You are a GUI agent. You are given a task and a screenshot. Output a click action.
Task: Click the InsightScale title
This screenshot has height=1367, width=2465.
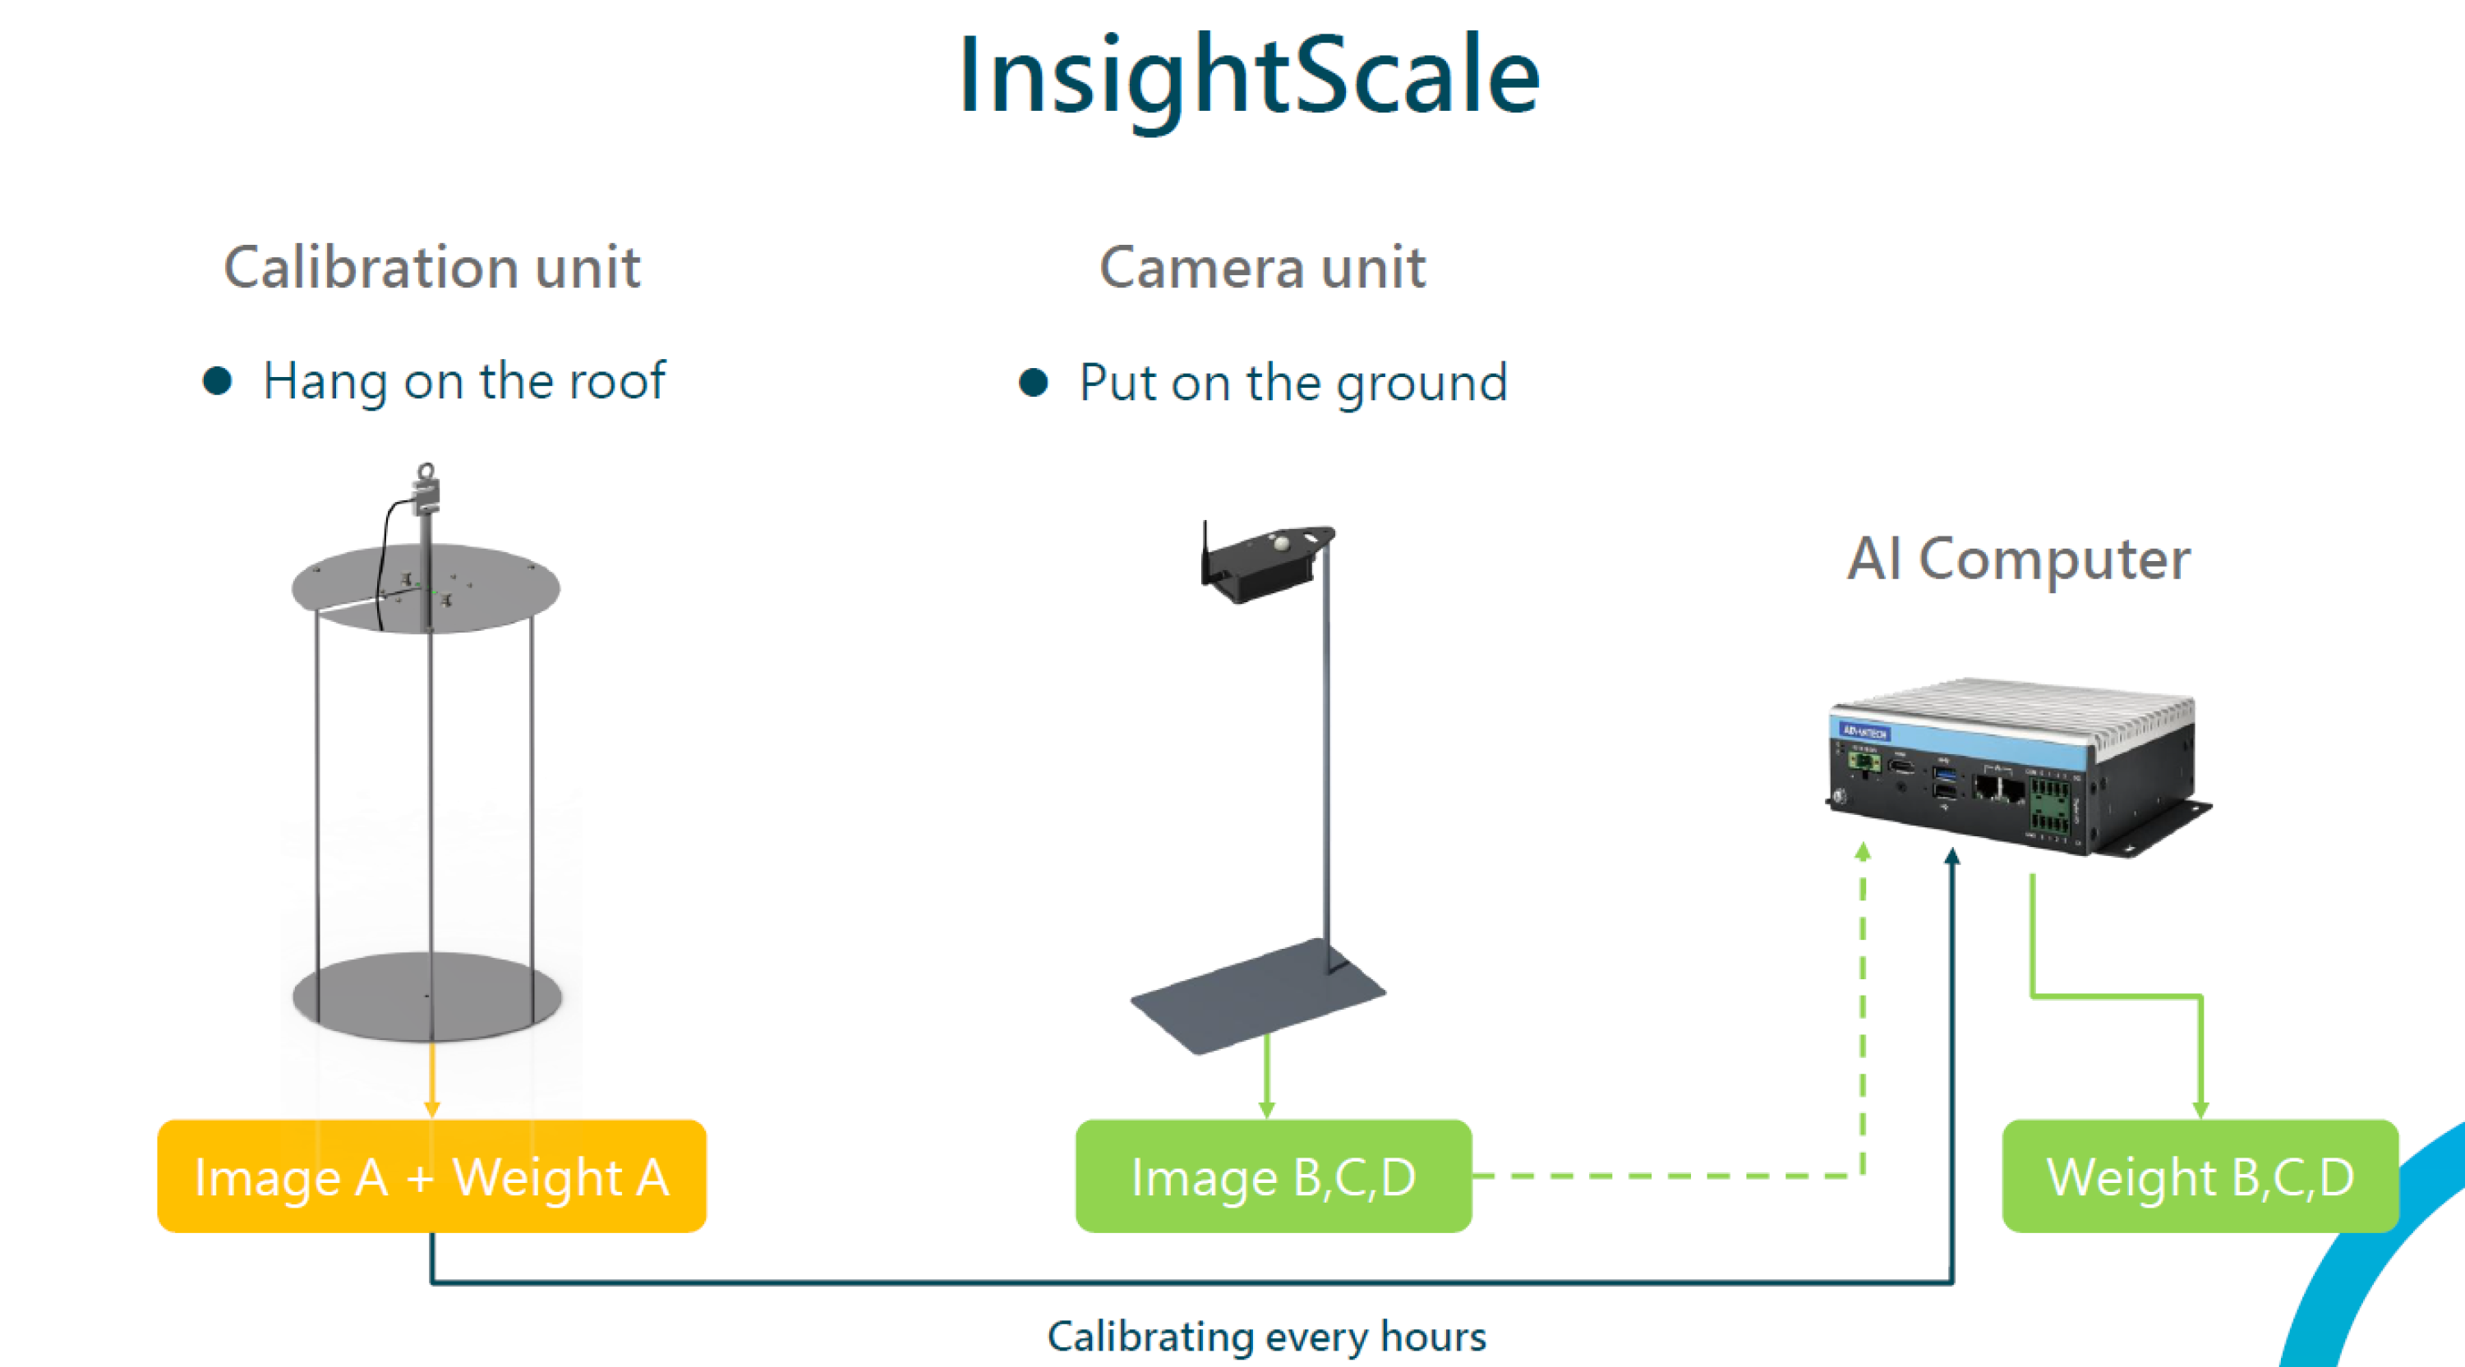coord(1249,76)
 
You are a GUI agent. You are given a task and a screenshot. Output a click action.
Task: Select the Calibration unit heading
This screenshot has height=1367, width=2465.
coord(431,267)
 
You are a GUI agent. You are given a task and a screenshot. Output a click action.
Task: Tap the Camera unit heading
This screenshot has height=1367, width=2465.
coord(1262,267)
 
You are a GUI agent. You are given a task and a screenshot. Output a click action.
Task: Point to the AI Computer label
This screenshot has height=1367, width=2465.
coord(2018,559)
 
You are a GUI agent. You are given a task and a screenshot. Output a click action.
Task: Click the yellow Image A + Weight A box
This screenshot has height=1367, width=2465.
coord(431,1176)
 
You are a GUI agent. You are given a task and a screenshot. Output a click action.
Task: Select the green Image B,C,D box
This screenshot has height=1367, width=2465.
coord(1273,1176)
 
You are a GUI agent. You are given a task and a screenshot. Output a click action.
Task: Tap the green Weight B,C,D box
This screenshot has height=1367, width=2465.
coord(2199,1176)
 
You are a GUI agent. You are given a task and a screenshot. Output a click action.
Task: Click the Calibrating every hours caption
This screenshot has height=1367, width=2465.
coord(1266,1337)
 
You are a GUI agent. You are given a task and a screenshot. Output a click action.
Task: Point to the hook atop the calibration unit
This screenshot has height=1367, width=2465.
coord(426,472)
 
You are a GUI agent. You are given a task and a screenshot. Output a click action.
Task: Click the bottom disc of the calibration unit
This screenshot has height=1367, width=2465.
coord(426,996)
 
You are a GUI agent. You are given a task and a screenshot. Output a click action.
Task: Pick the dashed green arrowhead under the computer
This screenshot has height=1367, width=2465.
coord(1862,851)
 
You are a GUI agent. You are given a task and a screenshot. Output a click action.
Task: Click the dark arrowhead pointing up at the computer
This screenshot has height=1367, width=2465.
coord(1952,856)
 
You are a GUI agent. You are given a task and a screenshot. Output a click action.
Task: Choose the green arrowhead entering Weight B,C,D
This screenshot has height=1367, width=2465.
coord(2201,1109)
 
